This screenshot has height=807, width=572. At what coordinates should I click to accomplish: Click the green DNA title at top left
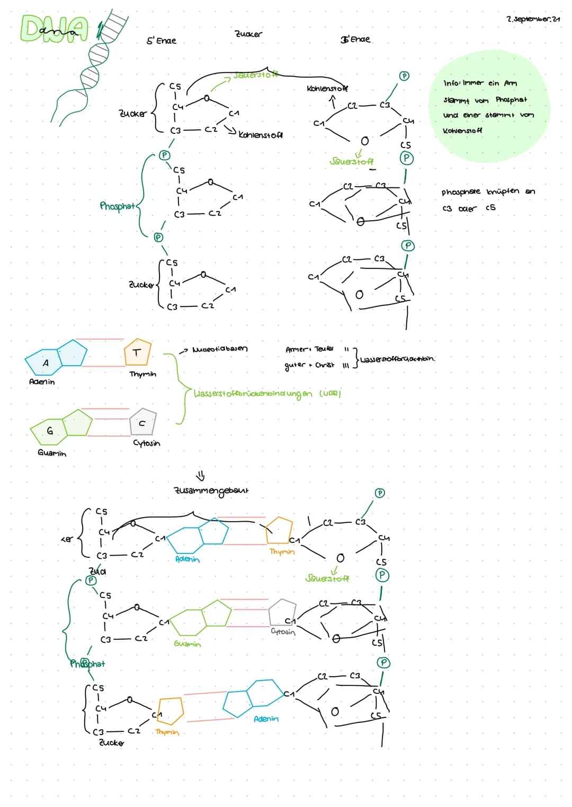pos(53,29)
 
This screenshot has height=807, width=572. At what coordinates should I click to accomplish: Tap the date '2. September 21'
pos(533,19)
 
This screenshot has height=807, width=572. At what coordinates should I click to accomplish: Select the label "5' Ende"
pos(161,41)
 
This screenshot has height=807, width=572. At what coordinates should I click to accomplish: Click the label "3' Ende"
pos(355,39)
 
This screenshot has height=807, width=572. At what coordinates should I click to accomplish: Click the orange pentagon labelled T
pos(137,352)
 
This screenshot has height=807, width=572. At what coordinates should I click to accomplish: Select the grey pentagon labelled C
pos(142,422)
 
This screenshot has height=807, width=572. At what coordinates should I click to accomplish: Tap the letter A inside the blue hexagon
pos(46,363)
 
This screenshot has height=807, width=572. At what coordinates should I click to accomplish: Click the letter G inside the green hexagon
pos(49,431)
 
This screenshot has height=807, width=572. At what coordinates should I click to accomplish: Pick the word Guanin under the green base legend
pos(52,453)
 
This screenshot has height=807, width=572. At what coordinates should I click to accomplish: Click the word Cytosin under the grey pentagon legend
pos(146,443)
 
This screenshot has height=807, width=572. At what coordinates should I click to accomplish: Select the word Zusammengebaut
pos(211,491)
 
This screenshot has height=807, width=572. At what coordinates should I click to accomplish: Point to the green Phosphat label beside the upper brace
pos(117,206)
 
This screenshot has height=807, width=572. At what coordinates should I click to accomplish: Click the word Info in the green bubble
pos(451,83)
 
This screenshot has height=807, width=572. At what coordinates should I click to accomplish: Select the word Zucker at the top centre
pos(248,34)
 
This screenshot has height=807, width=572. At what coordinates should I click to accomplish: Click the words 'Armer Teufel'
pos(309,349)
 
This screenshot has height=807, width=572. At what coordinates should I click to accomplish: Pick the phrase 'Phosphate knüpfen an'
pos(488,192)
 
